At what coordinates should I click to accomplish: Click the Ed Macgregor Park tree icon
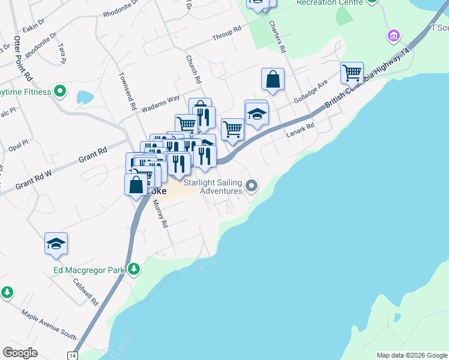[134, 269]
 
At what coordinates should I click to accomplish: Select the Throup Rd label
[227, 33]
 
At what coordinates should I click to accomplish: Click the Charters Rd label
[276, 35]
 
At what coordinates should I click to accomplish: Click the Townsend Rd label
[127, 91]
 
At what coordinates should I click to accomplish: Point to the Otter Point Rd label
[23, 58]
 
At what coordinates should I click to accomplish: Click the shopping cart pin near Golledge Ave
[352, 73]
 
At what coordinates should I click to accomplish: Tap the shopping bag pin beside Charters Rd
[273, 79]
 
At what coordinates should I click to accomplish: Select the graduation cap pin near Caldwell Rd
[56, 244]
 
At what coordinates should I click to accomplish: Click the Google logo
[20, 352]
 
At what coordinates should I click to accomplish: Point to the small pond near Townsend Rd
[85, 97]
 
